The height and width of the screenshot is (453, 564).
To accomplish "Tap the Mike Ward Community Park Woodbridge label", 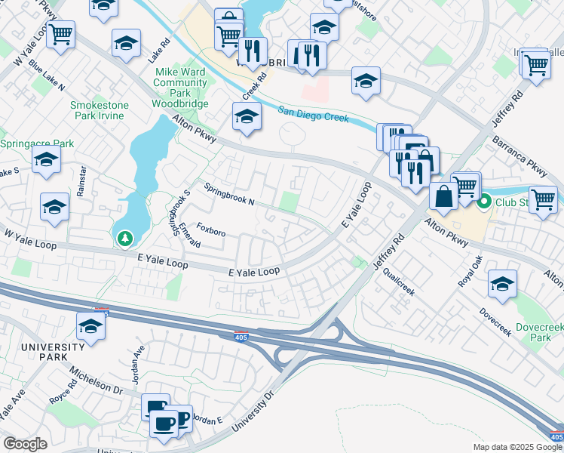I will pos(180,87).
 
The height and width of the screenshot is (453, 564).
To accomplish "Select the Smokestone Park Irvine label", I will pos(99,111).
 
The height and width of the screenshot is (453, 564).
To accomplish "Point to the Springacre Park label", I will pos(37,143).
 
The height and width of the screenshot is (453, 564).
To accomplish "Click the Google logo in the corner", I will pos(25,444).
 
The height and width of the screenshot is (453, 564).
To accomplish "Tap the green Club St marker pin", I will pos(483,202).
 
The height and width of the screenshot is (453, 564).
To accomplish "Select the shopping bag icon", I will pos(443,196).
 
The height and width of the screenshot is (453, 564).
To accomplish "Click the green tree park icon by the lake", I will pos(125,239).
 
